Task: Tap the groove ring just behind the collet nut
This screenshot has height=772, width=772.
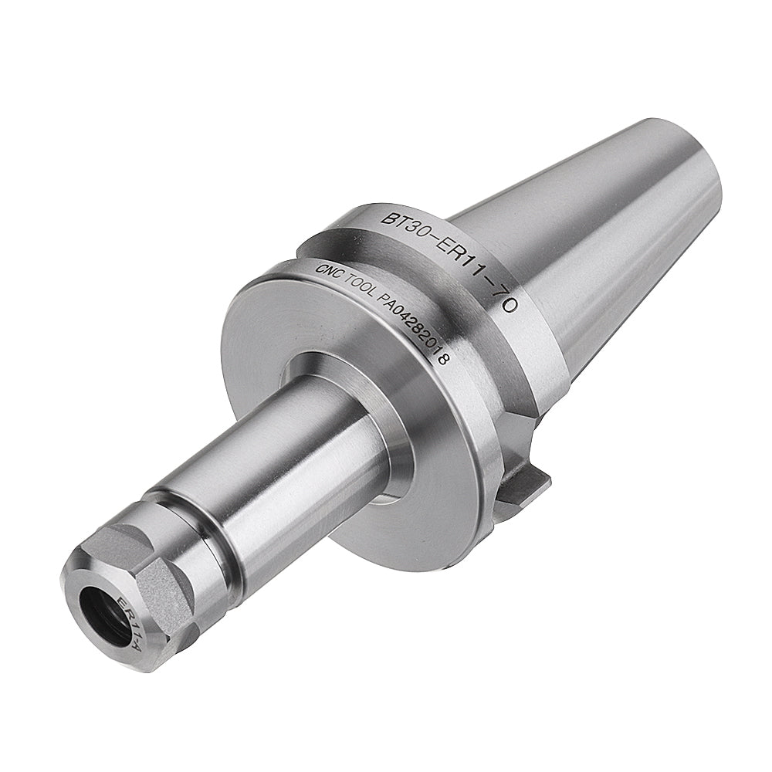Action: (x=220, y=540)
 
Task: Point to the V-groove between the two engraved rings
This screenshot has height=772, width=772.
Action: (x=401, y=259)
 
